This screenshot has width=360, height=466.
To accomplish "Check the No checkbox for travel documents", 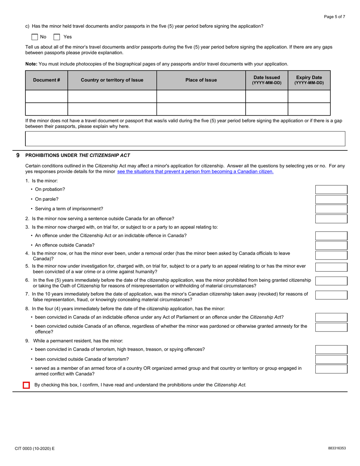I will click(x=34, y=37).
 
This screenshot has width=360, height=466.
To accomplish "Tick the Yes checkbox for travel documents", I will click(x=57, y=37).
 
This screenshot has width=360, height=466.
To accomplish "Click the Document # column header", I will click(x=47, y=80).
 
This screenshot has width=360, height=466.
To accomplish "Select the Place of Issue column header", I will click(x=201, y=80).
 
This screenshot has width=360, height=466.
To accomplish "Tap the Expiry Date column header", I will click(x=309, y=80).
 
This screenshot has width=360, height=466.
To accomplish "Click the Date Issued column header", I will click(x=267, y=80).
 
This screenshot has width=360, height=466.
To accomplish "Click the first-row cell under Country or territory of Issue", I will click(x=112, y=96).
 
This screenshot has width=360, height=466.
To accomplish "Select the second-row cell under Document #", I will click(x=47, y=109).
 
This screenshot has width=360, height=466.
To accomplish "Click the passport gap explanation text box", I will click(x=185, y=139).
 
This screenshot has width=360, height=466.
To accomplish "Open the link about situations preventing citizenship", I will click(x=195, y=172).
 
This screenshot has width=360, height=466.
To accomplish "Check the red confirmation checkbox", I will click(x=26, y=385).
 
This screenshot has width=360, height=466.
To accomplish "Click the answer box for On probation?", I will click(x=331, y=189).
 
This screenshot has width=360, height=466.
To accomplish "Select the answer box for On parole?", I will click(x=331, y=199).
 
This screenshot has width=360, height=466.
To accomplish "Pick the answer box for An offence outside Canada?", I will click(x=331, y=246).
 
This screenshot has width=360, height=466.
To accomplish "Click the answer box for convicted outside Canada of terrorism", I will click(x=331, y=359).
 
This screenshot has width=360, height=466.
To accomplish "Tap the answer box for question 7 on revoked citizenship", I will click(x=331, y=295).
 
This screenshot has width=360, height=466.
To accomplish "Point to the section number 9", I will click(x=18, y=155).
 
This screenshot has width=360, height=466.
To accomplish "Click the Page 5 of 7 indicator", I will click(x=334, y=17).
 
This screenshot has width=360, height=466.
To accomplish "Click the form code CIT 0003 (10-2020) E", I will click(x=34, y=448).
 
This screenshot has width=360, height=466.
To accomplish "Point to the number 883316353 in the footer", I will click(x=337, y=448).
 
